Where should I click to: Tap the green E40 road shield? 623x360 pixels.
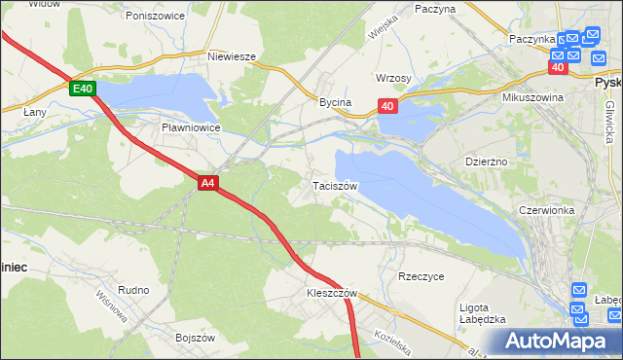(x=83, y=89)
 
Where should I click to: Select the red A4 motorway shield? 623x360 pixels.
(x=207, y=182)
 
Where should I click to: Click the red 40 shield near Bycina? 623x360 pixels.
(x=387, y=107)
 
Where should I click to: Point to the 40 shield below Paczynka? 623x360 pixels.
(x=558, y=68)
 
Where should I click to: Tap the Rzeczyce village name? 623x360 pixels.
(x=421, y=276)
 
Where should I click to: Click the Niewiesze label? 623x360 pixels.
(x=232, y=56)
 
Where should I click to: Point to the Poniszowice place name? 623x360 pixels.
(x=155, y=16)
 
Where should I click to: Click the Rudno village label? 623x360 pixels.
(x=132, y=290)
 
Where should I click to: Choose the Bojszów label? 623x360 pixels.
(x=194, y=337)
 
